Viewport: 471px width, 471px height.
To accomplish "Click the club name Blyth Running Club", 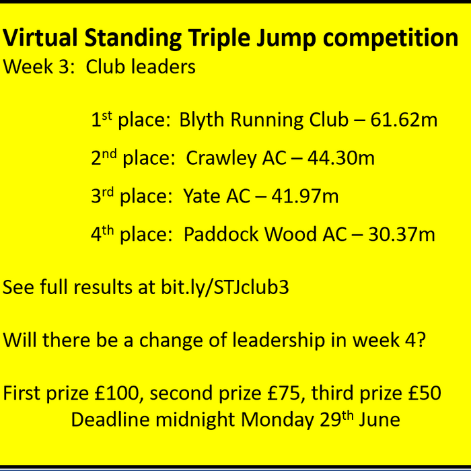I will click(x=264, y=120).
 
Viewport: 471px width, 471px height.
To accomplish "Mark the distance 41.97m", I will click(x=305, y=196).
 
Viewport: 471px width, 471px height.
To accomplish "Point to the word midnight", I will click(x=198, y=420).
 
